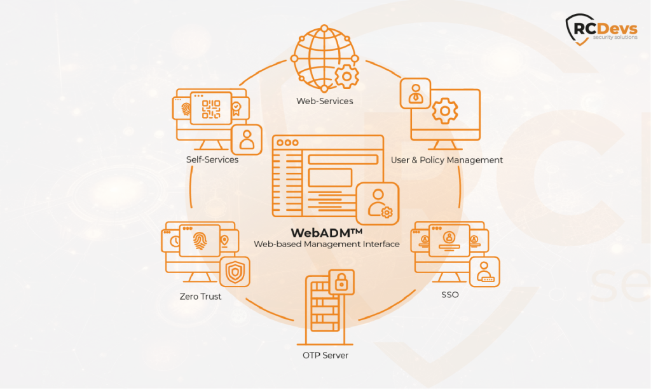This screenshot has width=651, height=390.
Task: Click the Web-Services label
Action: click(324, 101)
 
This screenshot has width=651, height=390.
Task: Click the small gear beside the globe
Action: click(346, 77)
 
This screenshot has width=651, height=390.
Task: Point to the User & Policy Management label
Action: click(446, 160)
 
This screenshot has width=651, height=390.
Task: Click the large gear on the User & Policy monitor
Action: click(444, 111)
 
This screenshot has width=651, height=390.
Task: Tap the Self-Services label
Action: click(212, 159)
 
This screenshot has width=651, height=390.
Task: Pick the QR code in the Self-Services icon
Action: click(210, 110)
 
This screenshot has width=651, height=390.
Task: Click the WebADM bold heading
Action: click(326, 232)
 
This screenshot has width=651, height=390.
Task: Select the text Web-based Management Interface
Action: click(326, 244)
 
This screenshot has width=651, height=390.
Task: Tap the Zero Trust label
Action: click(200, 296)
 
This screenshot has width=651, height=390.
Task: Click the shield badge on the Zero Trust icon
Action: click(235, 272)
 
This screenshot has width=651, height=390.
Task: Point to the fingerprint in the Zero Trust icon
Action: click(199, 241)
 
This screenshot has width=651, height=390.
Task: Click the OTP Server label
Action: click(325, 355)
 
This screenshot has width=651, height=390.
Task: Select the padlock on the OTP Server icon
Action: click(341, 282)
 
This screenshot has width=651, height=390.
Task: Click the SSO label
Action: click(449, 295)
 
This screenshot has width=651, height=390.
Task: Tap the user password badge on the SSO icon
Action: click(484, 271)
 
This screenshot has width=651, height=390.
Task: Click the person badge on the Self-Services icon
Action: click(246, 140)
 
